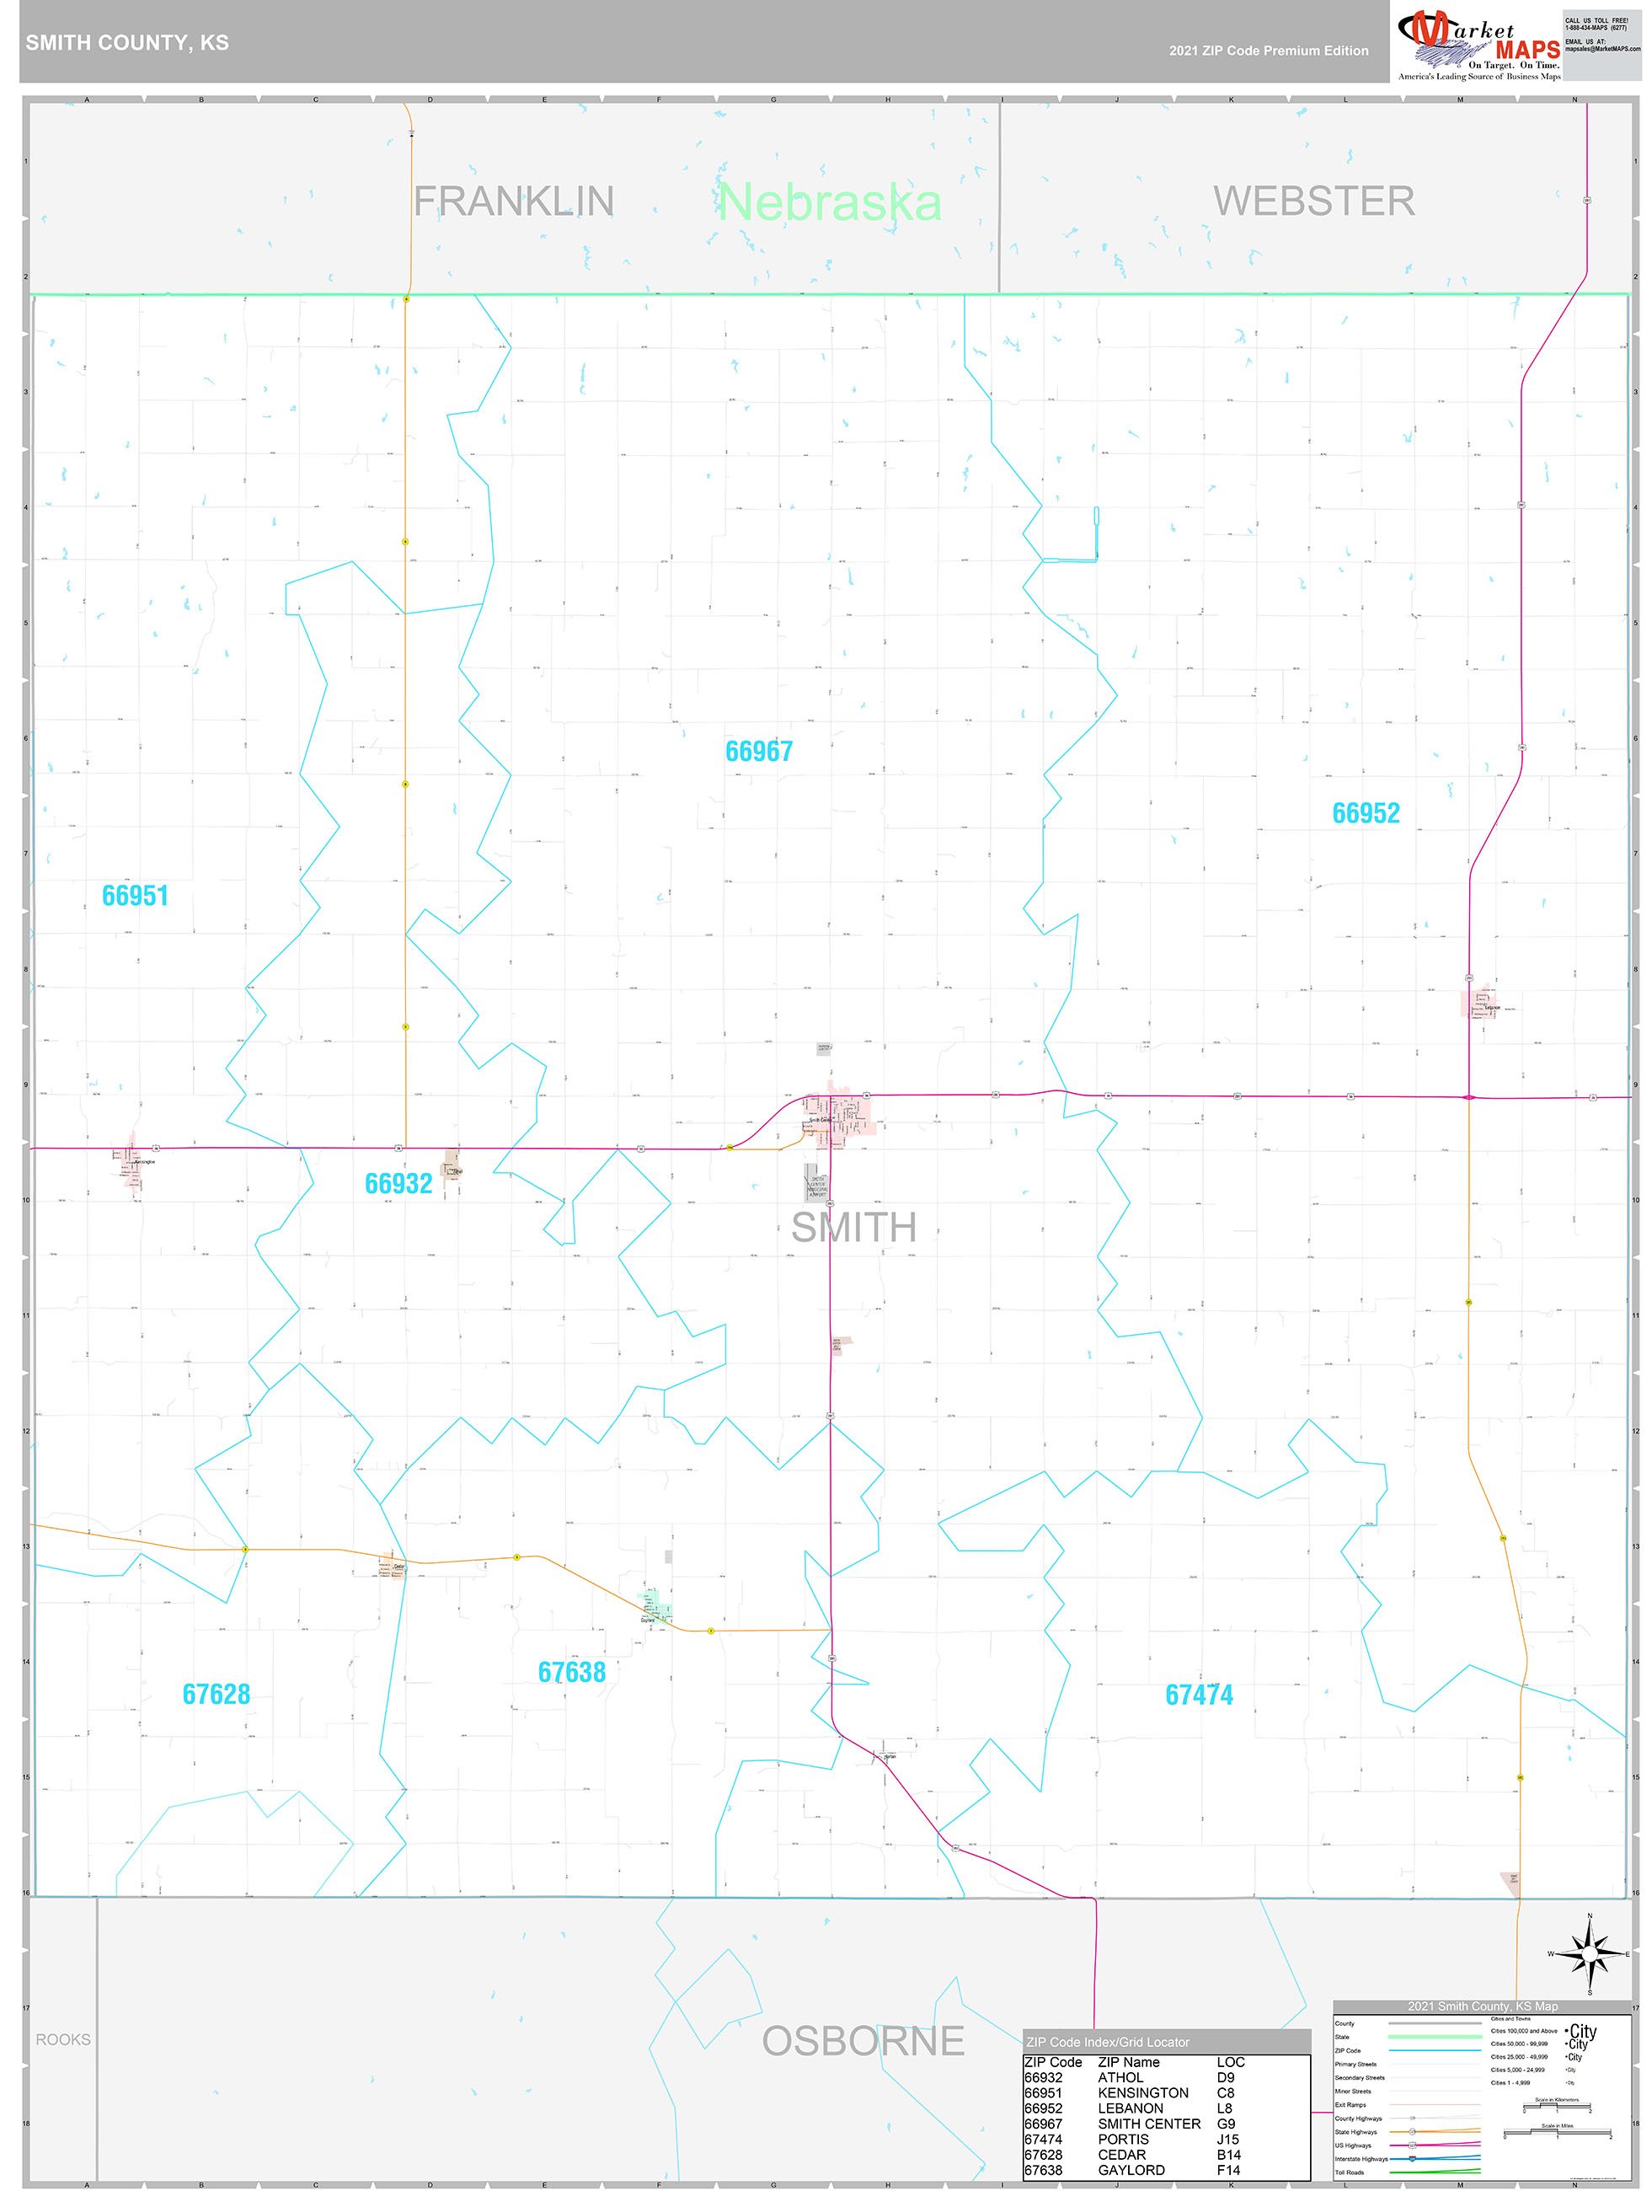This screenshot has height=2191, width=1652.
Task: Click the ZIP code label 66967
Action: (759, 752)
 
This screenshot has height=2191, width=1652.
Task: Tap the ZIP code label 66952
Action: (1365, 813)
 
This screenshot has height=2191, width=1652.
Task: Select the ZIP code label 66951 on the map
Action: (135, 896)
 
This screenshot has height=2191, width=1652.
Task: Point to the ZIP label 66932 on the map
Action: (398, 1184)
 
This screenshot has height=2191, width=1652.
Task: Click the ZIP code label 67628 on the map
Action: (216, 1694)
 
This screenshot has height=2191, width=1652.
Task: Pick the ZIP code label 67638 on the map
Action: (571, 1672)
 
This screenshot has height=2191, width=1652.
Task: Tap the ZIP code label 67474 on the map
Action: (1199, 1695)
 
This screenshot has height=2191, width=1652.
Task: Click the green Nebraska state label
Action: (829, 202)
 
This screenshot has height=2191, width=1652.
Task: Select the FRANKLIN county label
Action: (513, 201)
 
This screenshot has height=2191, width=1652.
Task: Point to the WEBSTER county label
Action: (1313, 201)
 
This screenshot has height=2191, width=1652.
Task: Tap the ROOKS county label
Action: (63, 2039)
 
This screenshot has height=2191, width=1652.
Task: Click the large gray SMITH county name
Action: (853, 1227)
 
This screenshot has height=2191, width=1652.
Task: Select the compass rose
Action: (1589, 1954)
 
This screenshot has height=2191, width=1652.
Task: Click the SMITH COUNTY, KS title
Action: (126, 43)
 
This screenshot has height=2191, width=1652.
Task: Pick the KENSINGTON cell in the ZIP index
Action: (1143, 2093)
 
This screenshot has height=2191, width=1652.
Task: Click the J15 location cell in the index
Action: (1227, 2140)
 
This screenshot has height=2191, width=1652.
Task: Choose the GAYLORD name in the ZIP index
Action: (1131, 2170)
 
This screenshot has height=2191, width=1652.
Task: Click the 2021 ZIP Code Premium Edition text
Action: (1268, 51)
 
